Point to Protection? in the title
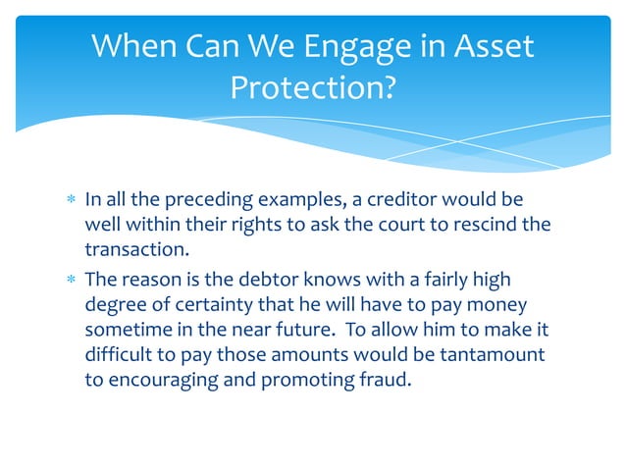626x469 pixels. pyautogui.click(x=312, y=88)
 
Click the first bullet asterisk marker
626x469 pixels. pyautogui.click(x=69, y=201)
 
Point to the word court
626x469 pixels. pyautogui.click(x=396, y=225)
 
